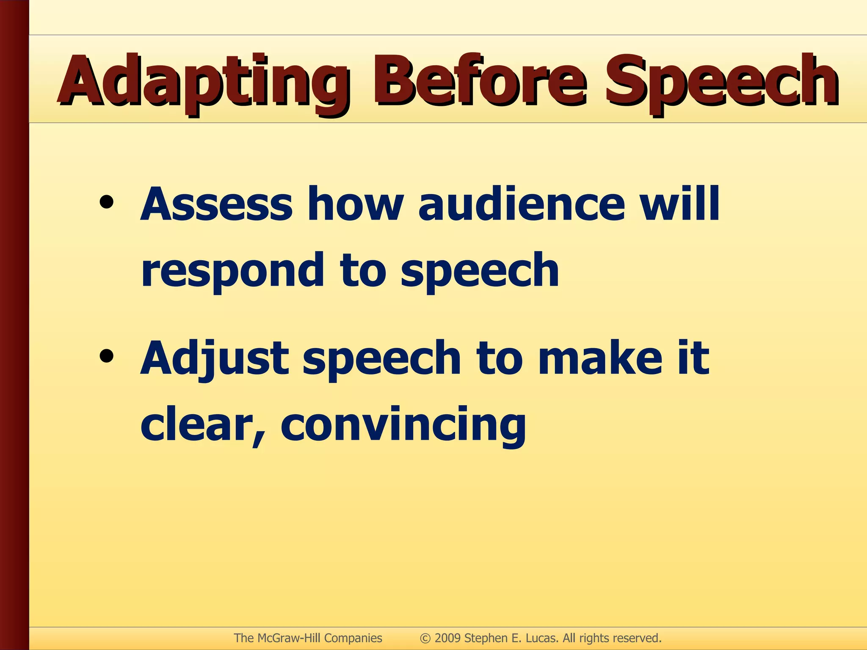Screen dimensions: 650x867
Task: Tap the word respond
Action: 232,271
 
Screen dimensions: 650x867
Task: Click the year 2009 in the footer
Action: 447,638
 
